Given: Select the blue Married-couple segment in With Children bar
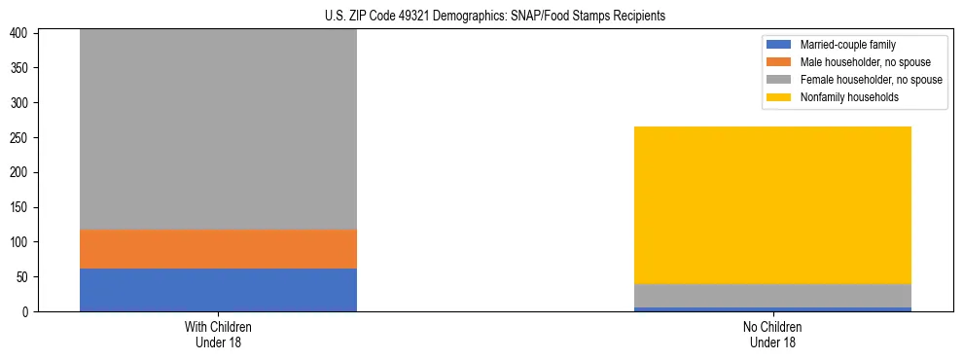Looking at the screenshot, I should [x=218, y=290].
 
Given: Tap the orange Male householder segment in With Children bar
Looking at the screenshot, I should [x=218, y=249].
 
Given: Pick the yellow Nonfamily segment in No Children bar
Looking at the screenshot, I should [x=772, y=204].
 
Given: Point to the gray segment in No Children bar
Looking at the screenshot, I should [x=772, y=296].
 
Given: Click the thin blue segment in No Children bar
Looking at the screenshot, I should [x=772, y=309].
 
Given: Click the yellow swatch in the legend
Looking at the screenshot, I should [x=780, y=97].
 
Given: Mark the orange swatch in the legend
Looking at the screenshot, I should [x=780, y=62].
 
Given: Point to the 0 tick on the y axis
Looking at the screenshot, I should [x=28, y=312].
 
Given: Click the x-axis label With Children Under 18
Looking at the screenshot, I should [x=218, y=334].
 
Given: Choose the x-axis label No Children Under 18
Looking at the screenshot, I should [x=772, y=334].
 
